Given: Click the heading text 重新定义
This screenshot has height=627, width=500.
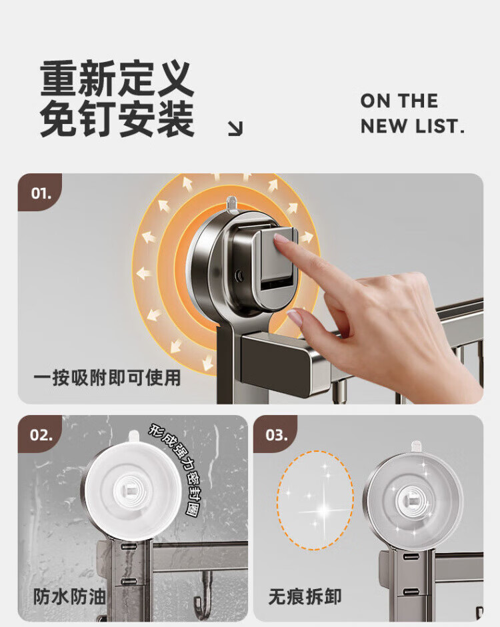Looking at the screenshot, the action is point(117,78).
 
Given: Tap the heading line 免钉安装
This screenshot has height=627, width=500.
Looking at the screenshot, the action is point(117,119).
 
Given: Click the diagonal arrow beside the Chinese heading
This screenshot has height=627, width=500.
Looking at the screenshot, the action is point(235,129).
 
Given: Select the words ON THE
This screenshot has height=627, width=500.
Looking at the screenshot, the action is point(399,101).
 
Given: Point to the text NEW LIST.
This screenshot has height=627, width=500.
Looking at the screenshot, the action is point(412,126).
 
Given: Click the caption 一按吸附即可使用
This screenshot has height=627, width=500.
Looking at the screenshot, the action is point(107,378).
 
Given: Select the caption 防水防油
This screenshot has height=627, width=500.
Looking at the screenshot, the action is point(69,597).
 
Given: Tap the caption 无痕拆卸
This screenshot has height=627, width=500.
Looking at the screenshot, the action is point(305,597).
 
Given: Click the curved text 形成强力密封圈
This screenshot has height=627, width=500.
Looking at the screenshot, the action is point(179,467).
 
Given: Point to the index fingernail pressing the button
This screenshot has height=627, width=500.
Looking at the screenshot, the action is point(281,239).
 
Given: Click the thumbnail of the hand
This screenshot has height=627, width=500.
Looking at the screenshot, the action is point(295,318).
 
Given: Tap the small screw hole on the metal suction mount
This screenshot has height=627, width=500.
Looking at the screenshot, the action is point(239,275).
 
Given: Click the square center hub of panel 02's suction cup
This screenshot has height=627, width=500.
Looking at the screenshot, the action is point(129,488).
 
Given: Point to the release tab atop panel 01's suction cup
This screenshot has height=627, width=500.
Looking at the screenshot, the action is point(231,203).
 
